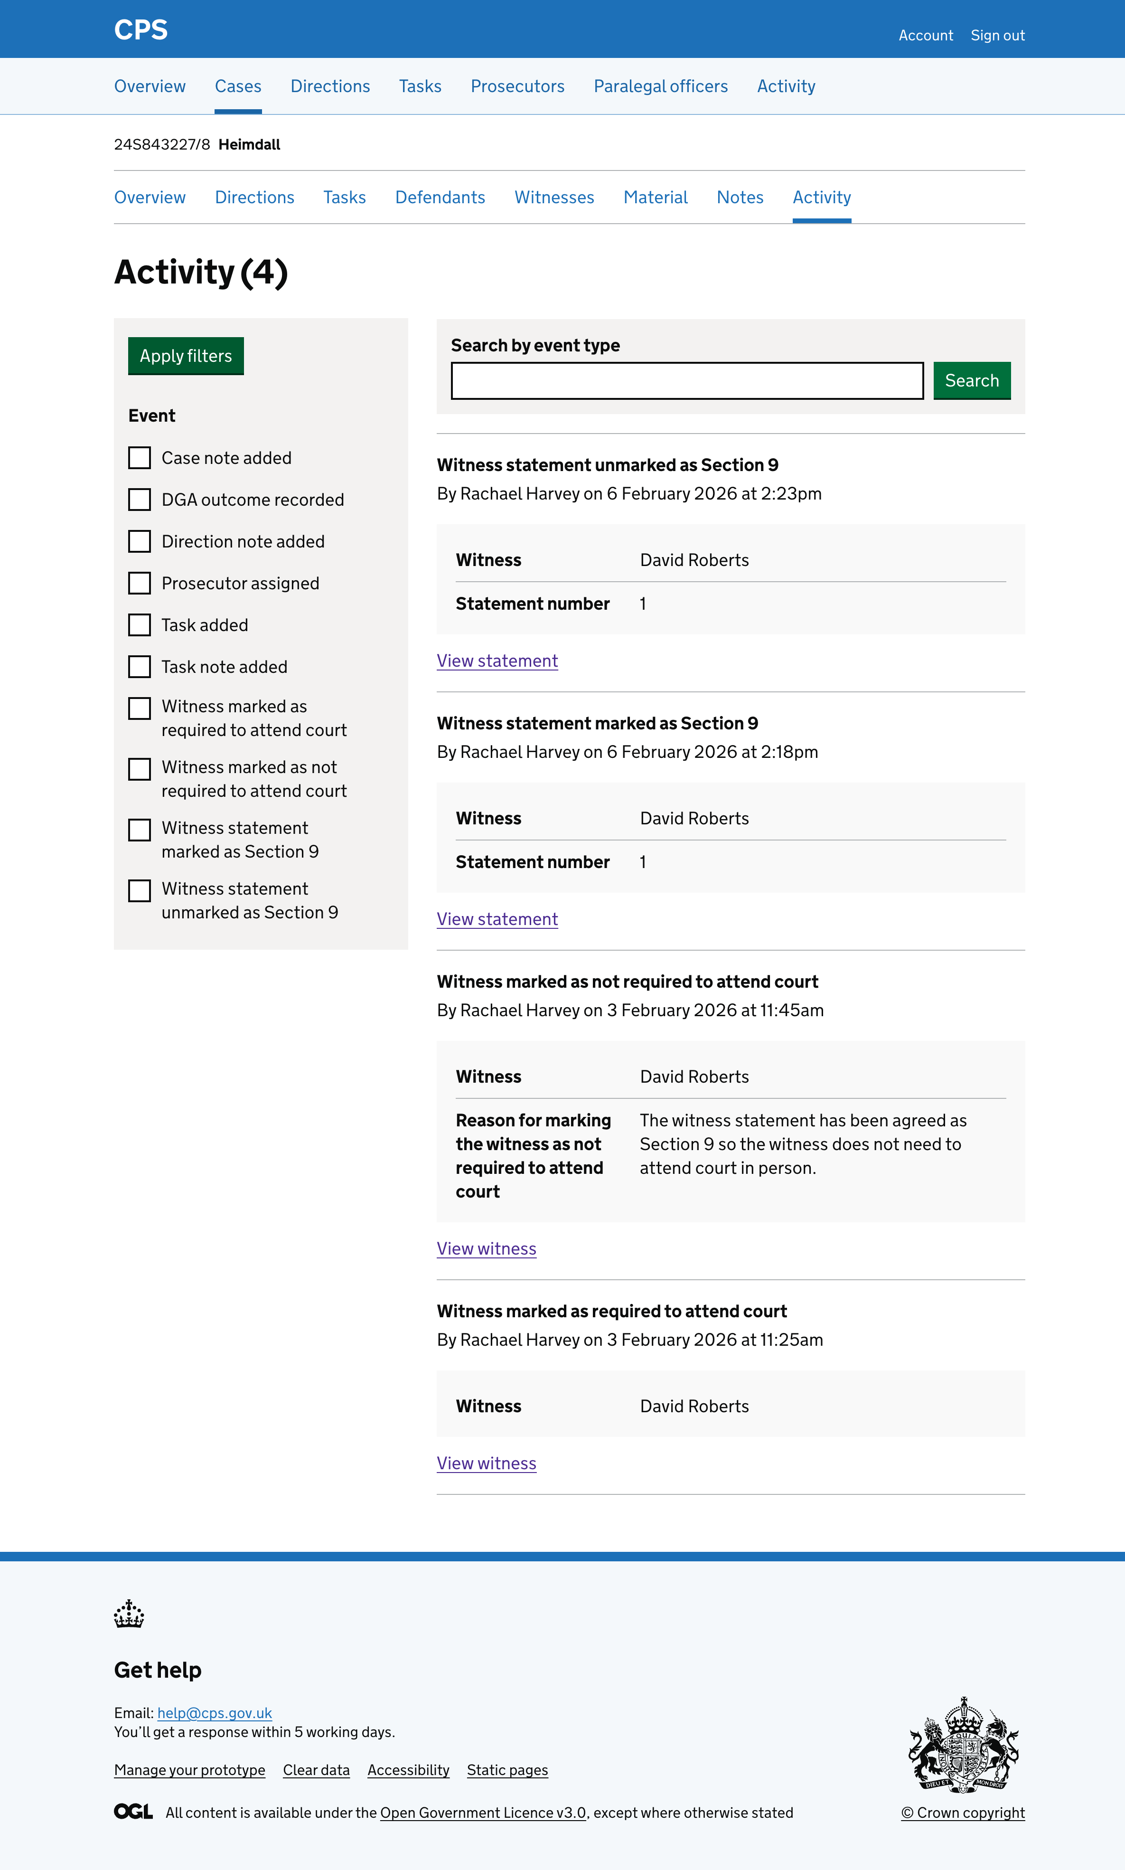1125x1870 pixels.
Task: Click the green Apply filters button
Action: (186, 356)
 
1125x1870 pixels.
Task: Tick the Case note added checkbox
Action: (140, 458)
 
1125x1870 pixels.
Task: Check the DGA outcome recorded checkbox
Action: (140, 500)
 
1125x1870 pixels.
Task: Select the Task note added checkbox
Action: (140, 667)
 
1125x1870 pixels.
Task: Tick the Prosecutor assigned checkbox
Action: (140, 583)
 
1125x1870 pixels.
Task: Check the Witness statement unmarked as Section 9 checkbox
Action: (140, 890)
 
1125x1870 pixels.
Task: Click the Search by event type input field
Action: (687, 381)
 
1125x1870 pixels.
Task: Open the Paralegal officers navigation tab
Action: (660, 86)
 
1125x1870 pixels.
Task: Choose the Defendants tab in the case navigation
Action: (440, 197)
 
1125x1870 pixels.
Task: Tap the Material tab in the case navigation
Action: (655, 197)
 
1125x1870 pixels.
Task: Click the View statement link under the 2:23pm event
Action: (497, 661)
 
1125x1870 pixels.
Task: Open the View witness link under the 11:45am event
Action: (487, 1248)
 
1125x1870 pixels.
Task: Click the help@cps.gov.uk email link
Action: (215, 1713)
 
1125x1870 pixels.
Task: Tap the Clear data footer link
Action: (316, 1770)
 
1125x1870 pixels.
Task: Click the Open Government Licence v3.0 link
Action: (483, 1813)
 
